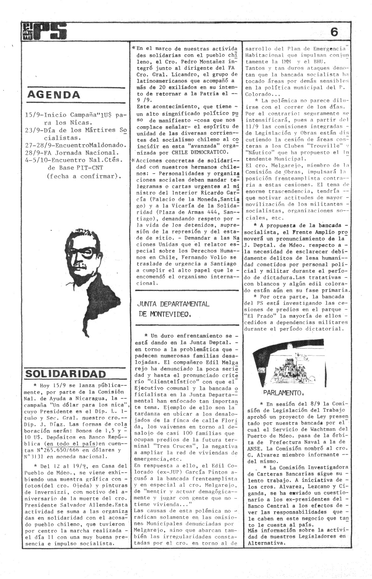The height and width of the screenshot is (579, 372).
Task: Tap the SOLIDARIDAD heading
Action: [x=65, y=374]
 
